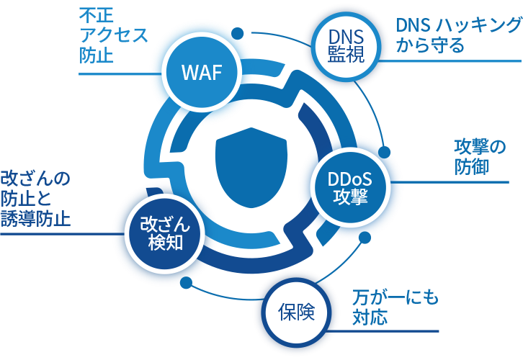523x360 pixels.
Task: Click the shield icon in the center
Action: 251,170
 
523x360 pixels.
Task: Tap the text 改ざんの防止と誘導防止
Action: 35,199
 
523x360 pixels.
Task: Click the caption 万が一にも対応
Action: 395,307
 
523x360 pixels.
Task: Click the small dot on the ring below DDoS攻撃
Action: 364,237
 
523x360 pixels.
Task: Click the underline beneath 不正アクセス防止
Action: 115,73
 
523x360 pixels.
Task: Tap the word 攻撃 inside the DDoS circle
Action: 349,197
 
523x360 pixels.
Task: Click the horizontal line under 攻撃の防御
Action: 461,182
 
